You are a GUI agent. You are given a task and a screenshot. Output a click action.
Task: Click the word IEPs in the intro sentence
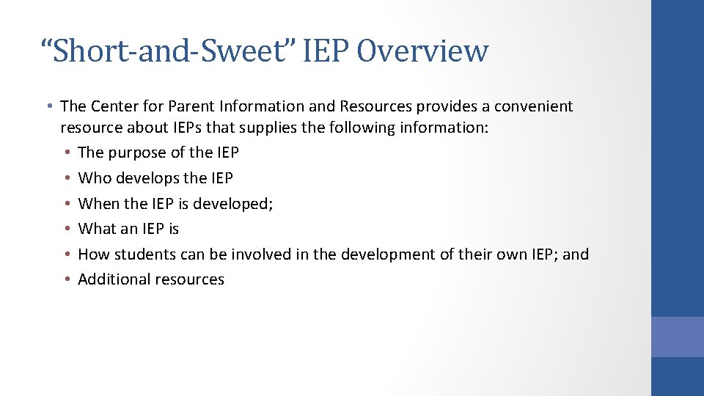pos(213,128)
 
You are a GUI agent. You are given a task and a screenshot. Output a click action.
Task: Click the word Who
pos(93,178)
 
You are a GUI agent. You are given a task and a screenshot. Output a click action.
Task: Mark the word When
pos(98,203)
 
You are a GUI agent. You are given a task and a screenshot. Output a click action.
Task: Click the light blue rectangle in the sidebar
pos(677,337)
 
